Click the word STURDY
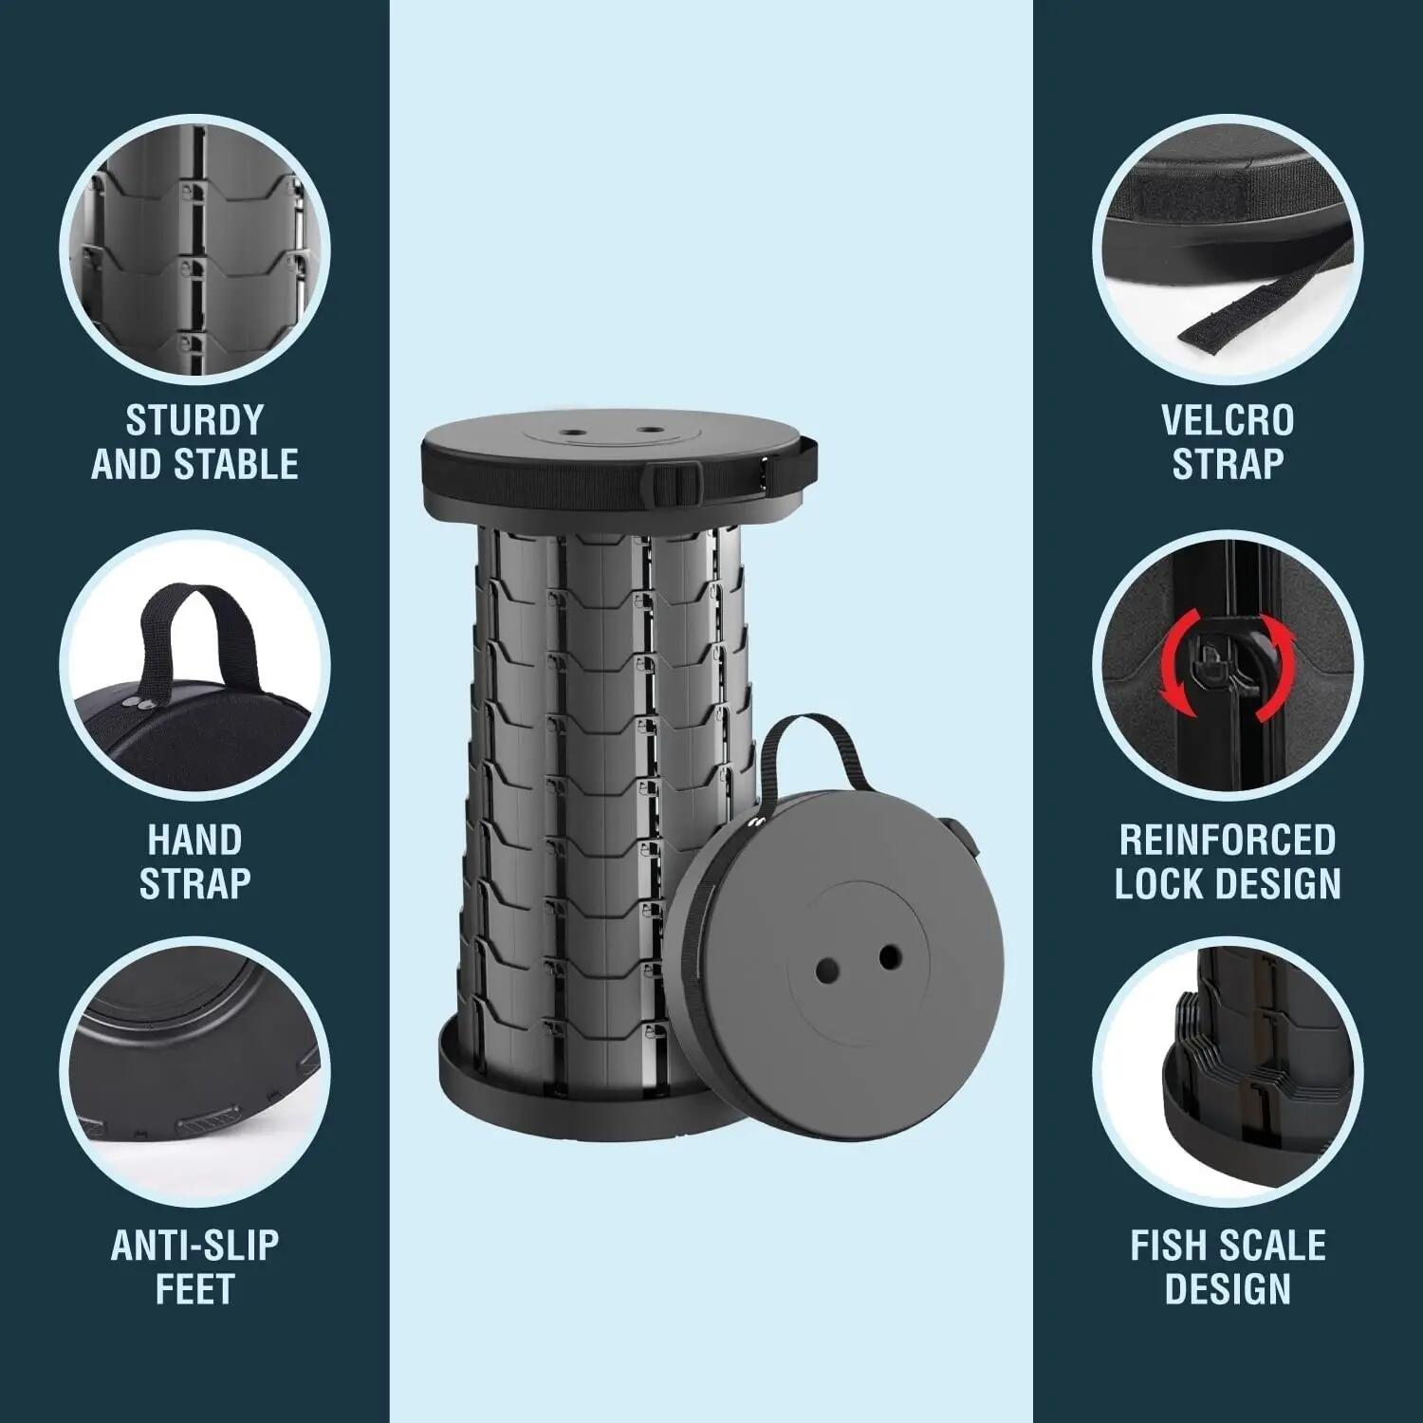tap(194, 419)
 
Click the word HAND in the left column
tap(194, 841)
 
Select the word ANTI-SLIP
tap(194, 1246)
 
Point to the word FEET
tap(194, 1290)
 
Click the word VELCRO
tap(1228, 419)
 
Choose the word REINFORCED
tap(1228, 841)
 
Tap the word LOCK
tap(1159, 884)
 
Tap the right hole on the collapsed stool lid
tap(889, 956)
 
